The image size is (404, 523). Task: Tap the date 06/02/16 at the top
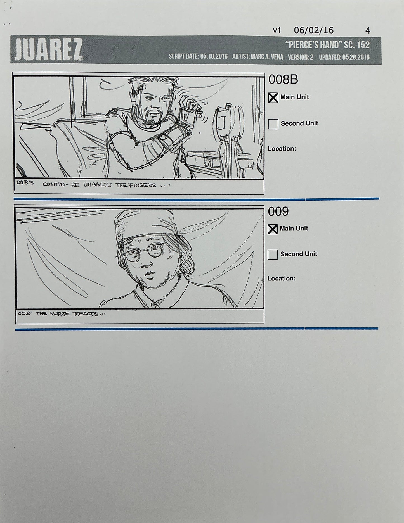pos(314,30)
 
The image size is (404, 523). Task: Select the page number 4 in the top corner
pos(368,31)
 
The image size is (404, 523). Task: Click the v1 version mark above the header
pos(277,30)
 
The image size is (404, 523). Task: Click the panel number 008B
pos(283,80)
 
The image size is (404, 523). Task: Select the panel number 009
pos(278,212)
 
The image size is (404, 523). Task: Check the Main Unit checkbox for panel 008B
pos(273,98)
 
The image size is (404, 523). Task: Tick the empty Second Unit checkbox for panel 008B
pos(273,124)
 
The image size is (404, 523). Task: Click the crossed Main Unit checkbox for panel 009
pos(273,229)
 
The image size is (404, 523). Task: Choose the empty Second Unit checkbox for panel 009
pos(273,255)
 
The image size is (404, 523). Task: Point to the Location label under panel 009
pos(281,279)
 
